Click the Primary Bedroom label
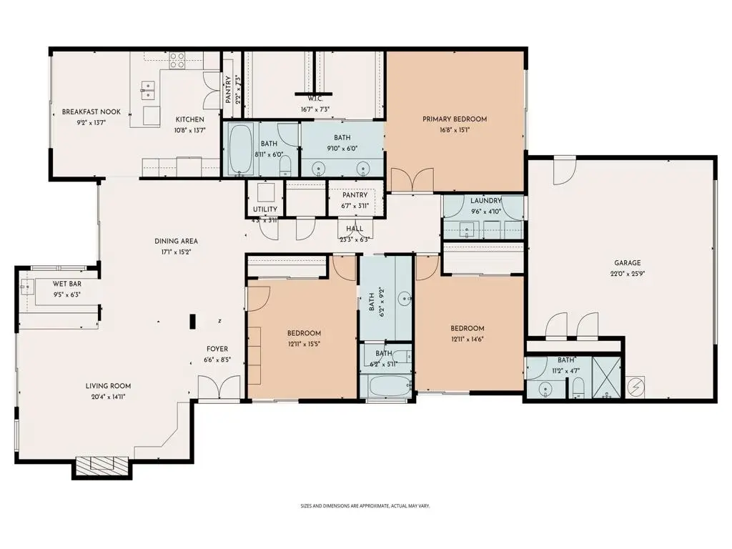[x=454, y=119]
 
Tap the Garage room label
[x=625, y=262]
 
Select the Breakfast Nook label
[x=91, y=112]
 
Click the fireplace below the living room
[x=101, y=467]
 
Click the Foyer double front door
[x=209, y=389]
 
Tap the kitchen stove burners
[x=177, y=60]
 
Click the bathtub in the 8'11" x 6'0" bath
[x=241, y=149]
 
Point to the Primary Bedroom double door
[x=412, y=180]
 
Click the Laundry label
[x=485, y=201]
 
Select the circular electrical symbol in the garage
[x=635, y=387]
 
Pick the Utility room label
[x=264, y=209]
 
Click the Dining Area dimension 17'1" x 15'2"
[x=176, y=252]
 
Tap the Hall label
[x=355, y=229]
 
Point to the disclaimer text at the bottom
[x=365, y=506]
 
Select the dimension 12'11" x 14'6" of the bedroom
[x=468, y=340]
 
